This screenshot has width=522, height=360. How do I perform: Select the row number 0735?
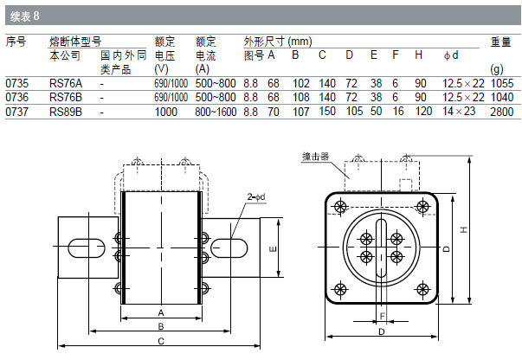17,83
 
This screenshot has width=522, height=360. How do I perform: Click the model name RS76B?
66,97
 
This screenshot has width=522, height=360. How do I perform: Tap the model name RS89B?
66,112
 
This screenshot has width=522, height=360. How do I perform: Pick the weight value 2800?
502,112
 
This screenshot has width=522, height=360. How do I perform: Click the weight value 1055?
502,83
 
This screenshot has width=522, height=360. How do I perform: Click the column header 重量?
501,41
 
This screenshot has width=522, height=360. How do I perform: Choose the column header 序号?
16,41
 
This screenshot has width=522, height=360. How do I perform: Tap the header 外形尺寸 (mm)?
278,41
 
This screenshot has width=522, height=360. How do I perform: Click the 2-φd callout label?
256,196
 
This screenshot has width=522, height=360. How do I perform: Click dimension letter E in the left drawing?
273,248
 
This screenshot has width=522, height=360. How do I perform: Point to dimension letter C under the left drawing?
162,341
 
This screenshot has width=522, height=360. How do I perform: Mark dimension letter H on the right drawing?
466,229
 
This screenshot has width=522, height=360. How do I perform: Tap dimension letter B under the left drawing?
162,326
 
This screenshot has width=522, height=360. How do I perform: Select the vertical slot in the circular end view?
381,247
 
